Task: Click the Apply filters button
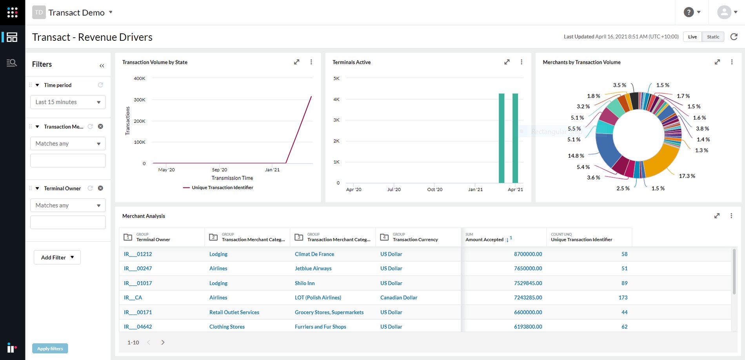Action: (x=50, y=348)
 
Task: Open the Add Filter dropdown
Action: (x=57, y=257)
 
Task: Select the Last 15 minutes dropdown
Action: (x=68, y=102)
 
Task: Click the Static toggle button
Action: (x=712, y=37)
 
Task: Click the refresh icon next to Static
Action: (x=734, y=37)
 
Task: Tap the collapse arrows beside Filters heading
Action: (x=102, y=65)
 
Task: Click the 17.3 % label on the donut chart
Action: (x=687, y=176)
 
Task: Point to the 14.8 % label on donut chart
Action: (x=576, y=156)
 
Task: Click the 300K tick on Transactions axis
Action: (x=140, y=100)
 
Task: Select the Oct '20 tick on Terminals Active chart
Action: (x=434, y=189)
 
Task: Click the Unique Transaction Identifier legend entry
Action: (x=222, y=187)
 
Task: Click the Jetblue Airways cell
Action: (x=313, y=269)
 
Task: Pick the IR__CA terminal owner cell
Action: (x=133, y=298)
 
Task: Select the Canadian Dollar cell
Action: (x=398, y=298)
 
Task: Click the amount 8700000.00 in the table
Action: (x=528, y=254)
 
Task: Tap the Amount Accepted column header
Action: (x=484, y=239)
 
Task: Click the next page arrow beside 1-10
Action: (x=163, y=342)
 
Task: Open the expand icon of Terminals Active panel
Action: (x=507, y=62)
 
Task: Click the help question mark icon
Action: (x=689, y=12)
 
